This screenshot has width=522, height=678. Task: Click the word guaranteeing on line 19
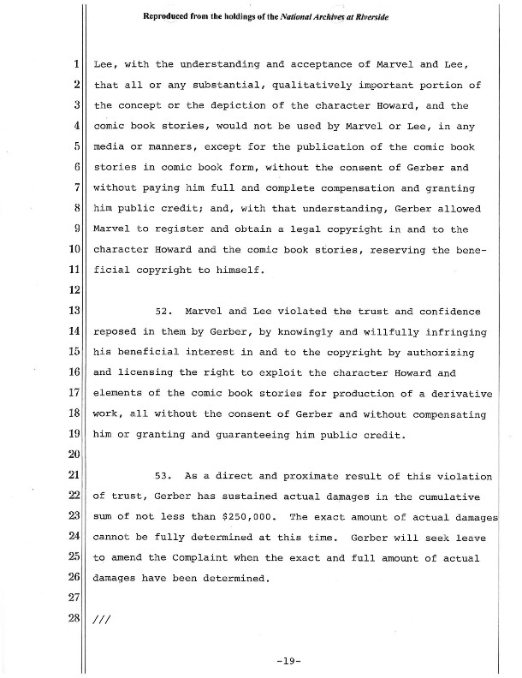(245, 434)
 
